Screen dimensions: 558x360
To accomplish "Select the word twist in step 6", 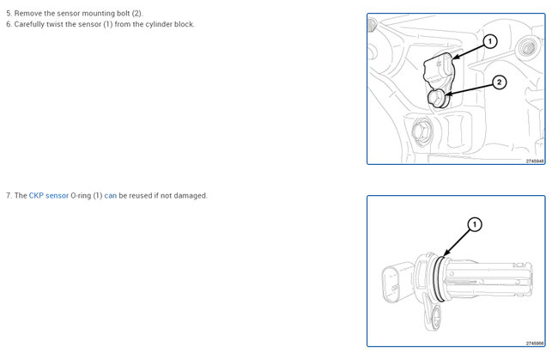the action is (55, 24).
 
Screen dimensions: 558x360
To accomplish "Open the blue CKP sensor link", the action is (49, 196).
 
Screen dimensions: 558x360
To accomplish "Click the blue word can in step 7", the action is (111, 196).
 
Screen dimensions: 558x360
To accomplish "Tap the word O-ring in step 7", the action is (81, 196).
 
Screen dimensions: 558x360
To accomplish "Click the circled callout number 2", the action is (500, 82).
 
